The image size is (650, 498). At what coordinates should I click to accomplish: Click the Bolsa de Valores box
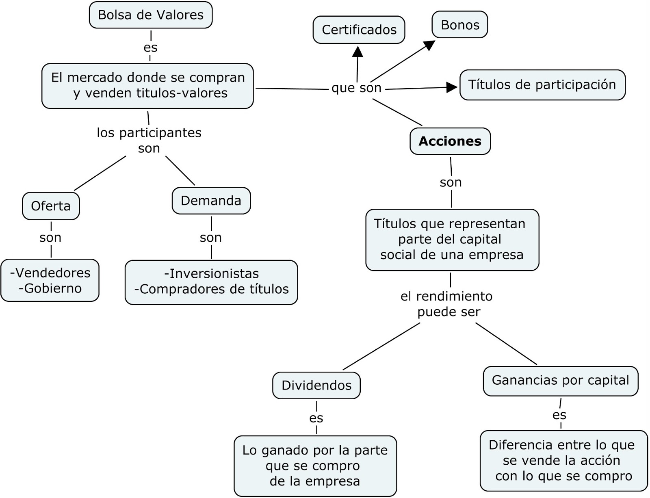(x=150, y=15)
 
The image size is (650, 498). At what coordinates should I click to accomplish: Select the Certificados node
(x=359, y=30)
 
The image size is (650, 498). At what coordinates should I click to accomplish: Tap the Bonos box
(x=459, y=25)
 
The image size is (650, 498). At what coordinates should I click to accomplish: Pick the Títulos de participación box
(x=542, y=85)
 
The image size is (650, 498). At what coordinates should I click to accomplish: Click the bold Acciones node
(x=450, y=141)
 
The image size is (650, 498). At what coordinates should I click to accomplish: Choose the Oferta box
(x=51, y=206)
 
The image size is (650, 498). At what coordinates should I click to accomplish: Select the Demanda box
(x=211, y=201)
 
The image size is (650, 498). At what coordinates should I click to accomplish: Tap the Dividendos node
(x=316, y=385)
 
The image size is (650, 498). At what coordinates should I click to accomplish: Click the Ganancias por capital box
(x=560, y=381)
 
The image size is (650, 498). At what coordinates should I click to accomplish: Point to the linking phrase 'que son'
(x=356, y=88)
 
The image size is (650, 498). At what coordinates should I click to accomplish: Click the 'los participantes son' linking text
(x=149, y=140)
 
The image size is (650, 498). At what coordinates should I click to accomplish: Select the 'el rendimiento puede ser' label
(x=447, y=304)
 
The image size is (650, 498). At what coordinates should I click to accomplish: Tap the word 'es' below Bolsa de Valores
(x=150, y=48)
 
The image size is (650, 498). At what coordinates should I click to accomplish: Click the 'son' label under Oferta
(x=50, y=237)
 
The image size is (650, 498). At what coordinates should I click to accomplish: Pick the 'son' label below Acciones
(x=451, y=182)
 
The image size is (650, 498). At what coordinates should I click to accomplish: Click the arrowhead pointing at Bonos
(x=429, y=44)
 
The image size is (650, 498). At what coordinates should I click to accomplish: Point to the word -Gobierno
(x=50, y=288)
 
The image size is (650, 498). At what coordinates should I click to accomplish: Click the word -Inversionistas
(x=211, y=273)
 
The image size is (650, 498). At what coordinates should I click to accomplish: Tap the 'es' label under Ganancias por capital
(x=559, y=415)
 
